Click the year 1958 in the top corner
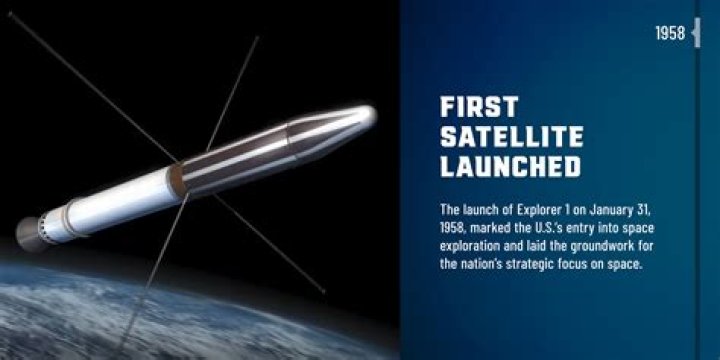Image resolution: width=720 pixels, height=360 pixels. [670, 34]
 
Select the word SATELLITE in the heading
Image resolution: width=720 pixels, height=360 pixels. [511, 137]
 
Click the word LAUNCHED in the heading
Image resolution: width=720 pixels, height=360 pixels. [510, 166]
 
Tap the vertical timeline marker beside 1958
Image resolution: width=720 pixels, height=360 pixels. [696, 33]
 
